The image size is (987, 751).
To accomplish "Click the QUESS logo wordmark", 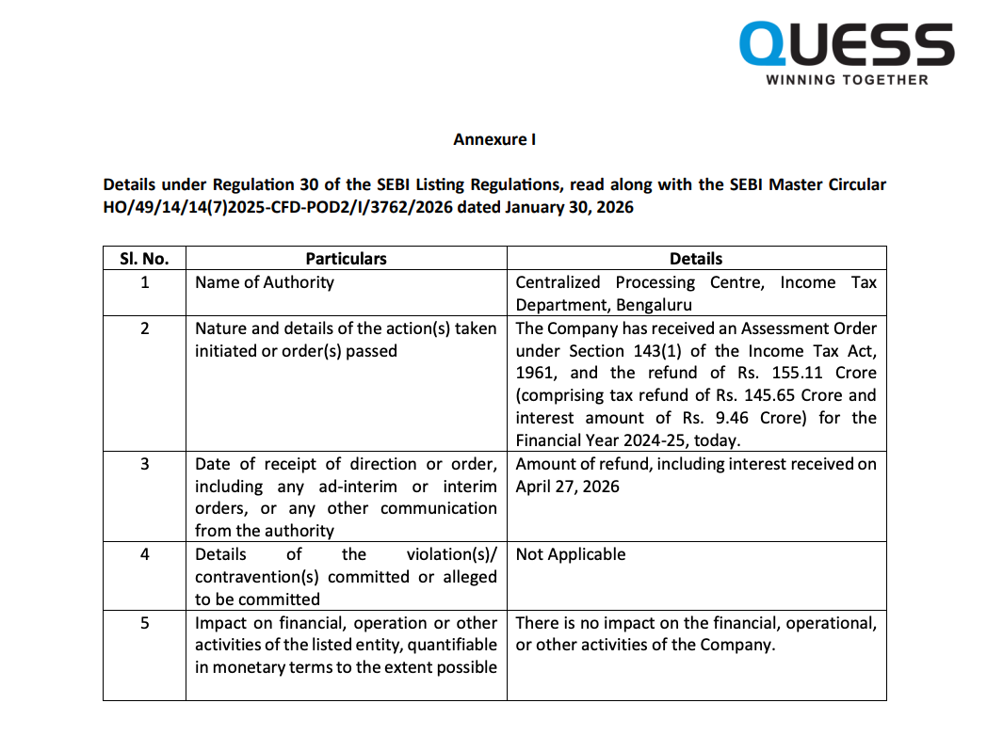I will pyautogui.click(x=847, y=44).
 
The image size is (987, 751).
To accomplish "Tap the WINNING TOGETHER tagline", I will pyautogui.click(x=847, y=80).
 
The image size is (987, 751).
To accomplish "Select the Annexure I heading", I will pyautogui.click(x=494, y=139).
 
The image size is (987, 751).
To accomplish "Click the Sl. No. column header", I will pyautogui.click(x=144, y=258).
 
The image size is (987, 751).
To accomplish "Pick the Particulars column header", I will pyautogui.click(x=346, y=258).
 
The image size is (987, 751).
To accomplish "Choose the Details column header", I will pyautogui.click(x=696, y=258).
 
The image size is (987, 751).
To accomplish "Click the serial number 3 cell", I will pyautogui.click(x=144, y=464).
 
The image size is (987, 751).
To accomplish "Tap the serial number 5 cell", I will pyautogui.click(x=144, y=623).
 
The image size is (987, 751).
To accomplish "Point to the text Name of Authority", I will pyautogui.click(x=265, y=281).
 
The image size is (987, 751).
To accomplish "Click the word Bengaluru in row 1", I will pyautogui.click(x=654, y=305).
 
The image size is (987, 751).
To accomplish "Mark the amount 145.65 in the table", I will pyautogui.click(x=781, y=395).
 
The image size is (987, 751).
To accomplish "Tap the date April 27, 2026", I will pyautogui.click(x=568, y=487).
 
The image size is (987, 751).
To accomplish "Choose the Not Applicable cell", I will pyautogui.click(x=571, y=554).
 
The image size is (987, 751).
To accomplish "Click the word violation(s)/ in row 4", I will pyautogui.click(x=451, y=554).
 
